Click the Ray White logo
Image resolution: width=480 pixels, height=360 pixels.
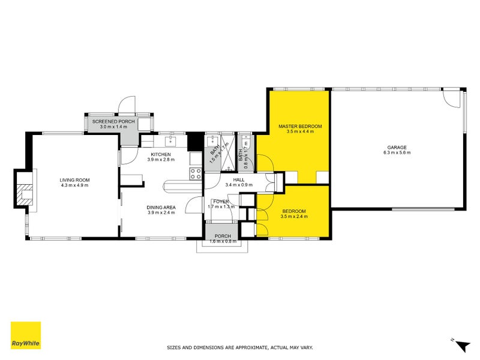[26, 335]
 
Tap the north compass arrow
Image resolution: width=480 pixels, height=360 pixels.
[461, 345]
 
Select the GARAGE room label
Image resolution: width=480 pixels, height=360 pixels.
[397, 147]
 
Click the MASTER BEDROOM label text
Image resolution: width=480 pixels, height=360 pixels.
[300, 126]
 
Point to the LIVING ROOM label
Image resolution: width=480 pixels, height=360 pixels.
[74, 180]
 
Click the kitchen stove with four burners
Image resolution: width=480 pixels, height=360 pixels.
[196, 174]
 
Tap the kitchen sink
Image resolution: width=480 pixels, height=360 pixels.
[170, 142]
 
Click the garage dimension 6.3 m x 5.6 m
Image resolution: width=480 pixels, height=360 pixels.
[397, 152]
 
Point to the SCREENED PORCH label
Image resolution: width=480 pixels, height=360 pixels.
[113, 122]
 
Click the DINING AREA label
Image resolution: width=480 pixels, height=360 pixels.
[161, 207]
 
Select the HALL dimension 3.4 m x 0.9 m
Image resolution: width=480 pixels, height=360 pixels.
[239, 185]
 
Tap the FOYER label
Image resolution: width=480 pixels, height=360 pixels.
[221, 202]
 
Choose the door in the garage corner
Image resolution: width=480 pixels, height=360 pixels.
[452, 98]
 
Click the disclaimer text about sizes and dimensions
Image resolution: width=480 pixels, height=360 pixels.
[239, 347]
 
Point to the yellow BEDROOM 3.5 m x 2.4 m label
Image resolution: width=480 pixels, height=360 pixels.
[294, 214]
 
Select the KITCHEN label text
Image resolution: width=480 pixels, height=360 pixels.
[161, 154]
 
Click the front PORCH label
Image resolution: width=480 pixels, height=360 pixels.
[223, 236]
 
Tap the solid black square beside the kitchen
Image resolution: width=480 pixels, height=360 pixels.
[196, 142]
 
